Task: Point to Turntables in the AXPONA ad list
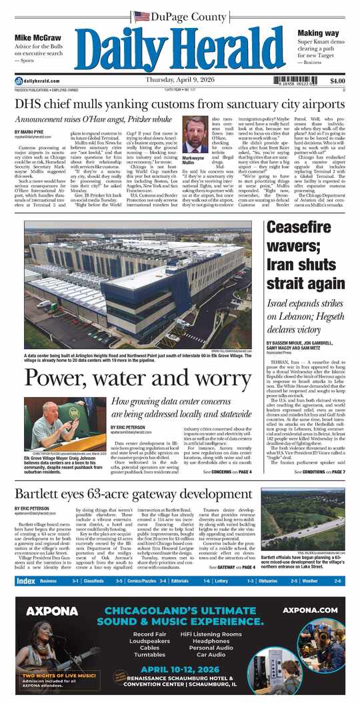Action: [x=150, y=656]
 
